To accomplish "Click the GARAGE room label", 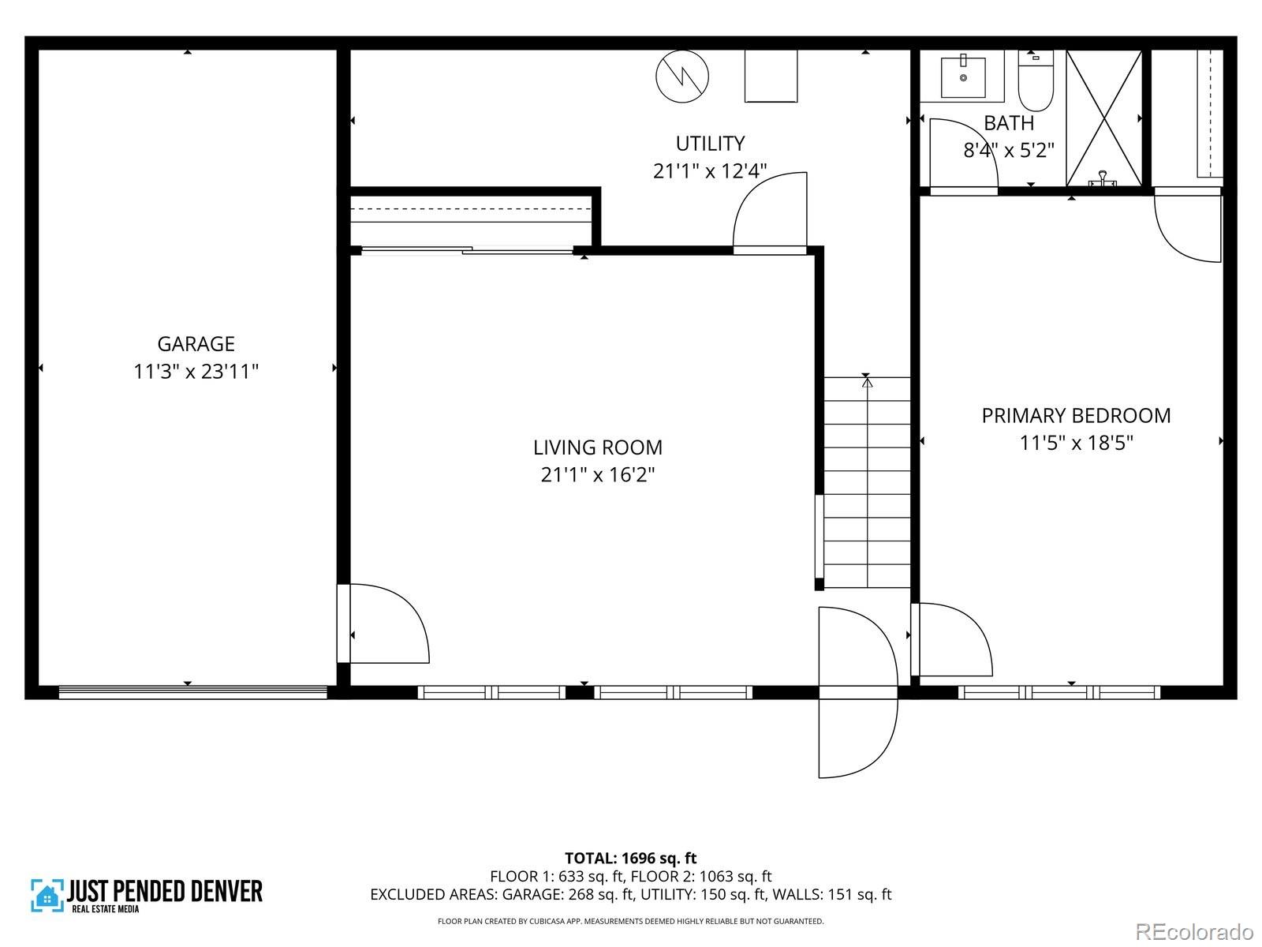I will (x=196, y=344).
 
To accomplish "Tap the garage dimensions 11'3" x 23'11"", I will (x=196, y=372).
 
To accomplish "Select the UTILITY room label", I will (x=710, y=144).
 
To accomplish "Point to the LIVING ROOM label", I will (x=597, y=447).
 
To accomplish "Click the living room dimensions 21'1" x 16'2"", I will (x=597, y=475).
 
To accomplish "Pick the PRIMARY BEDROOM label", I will (x=1076, y=416).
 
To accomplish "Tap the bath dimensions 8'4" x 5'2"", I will (x=1009, y=151).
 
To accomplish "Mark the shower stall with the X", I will (x=1103, y=118).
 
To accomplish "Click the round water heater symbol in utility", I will (x=682, y=77).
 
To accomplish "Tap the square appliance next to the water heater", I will (x=771, y=76).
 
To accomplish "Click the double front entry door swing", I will (x=857, y=692).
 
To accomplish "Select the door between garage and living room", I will (x=382, y=623).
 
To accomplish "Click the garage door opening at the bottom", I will (x=193, y=692).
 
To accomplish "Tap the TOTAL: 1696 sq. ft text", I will (x=630, y=858).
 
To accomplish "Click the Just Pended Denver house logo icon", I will (x=47, y=896).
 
